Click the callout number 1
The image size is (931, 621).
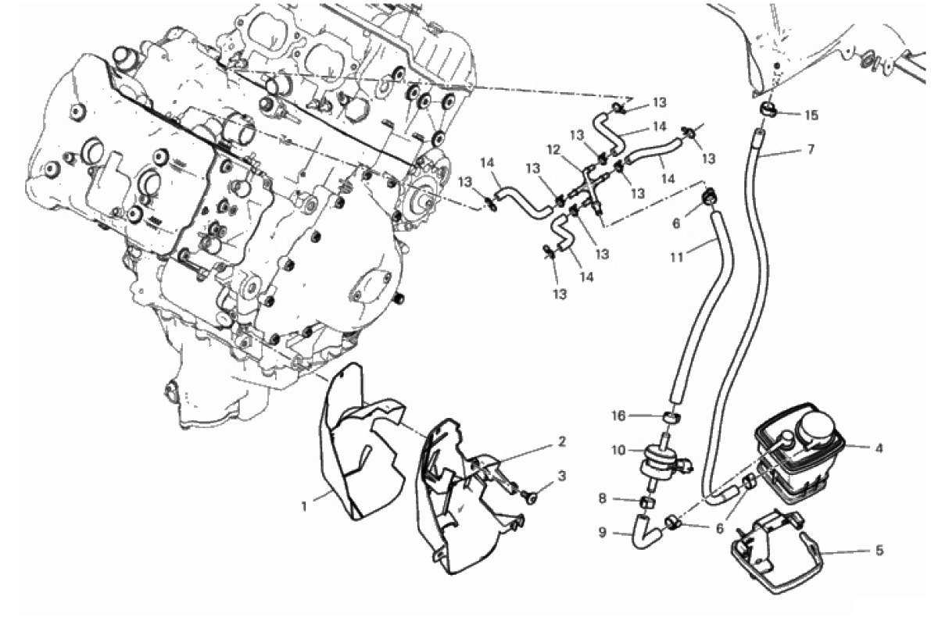[x=304, y=506]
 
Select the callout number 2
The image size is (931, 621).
[x=562, y=441]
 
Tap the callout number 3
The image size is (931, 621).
[x=562, y=476]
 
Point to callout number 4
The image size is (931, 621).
[x=879, y=448]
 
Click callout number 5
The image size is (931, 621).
[x=879, y=551]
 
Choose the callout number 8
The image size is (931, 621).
[x=603, y=499]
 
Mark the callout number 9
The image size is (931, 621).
[x=603, y=533]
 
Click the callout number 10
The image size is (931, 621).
[x=618, y=450]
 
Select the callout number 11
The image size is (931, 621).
[x=677, y=257]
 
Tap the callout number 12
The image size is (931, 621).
[x=554, y=150]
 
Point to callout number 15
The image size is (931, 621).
[x=811, y=115]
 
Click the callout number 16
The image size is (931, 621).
[x=618, y=416]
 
